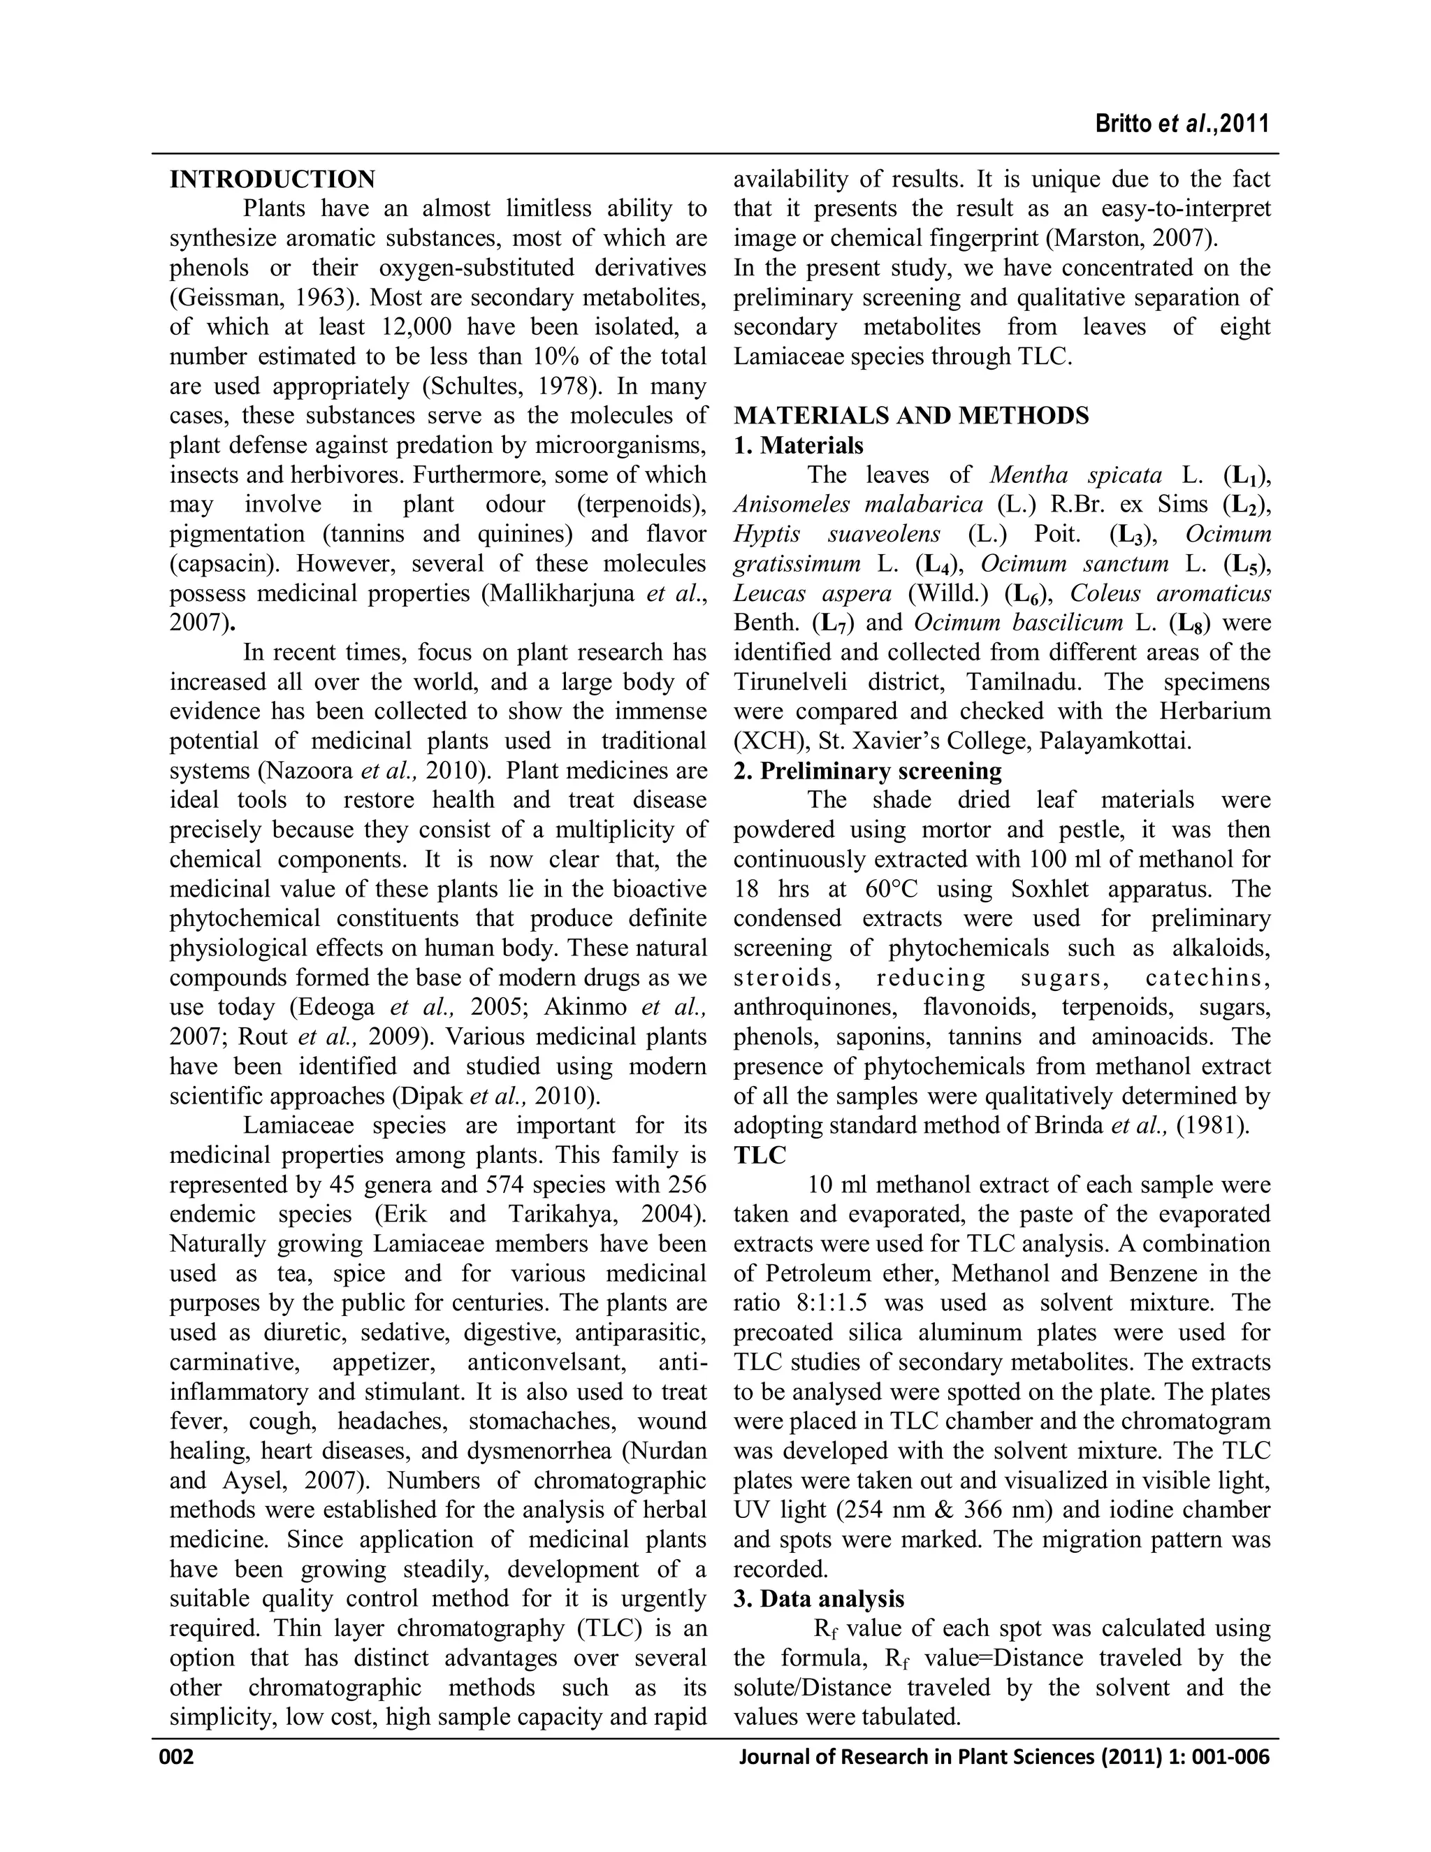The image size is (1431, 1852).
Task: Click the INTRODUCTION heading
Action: pos(272,180)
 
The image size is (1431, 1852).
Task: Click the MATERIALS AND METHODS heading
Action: pos(911,416)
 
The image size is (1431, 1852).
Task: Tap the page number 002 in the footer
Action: pos(177,1756)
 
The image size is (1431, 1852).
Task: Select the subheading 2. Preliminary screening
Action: pos(867,771)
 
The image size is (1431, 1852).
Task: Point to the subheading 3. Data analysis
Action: pos(819,1598)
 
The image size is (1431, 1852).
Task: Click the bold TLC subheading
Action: pos(760,1155)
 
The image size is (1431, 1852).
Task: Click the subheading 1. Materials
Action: pos(799,445)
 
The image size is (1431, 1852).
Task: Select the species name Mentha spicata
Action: pos(1075,475)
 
